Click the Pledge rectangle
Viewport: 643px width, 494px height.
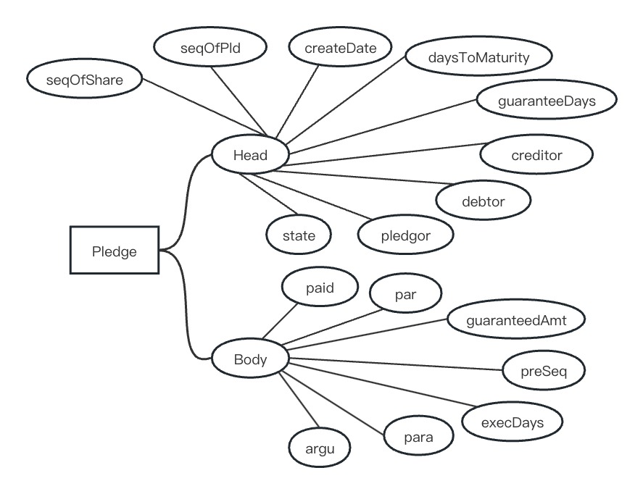click(x=115, y=251)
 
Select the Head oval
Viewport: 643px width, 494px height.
click(x=251, y=155)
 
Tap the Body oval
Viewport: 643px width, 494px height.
click(x=251, y=359)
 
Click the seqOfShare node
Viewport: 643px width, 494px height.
click(x=85, y=80)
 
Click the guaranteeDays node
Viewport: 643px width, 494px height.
click(x=547, y=101)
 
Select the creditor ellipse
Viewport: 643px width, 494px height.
click(x=536, y=154)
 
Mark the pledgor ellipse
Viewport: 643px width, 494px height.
click(x=405, y=235)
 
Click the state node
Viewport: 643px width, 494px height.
click(x=299, y=235)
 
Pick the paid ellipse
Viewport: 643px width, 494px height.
click(x=320, y=288)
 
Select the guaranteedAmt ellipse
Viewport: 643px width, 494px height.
click(x=515, y=319)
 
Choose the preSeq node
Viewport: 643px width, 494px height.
click(x=543, y=372)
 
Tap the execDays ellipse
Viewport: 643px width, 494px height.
click(x=513, y=421)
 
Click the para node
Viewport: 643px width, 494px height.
click(x=418, y=438)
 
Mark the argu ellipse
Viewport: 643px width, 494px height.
click(x=318, y=448)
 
